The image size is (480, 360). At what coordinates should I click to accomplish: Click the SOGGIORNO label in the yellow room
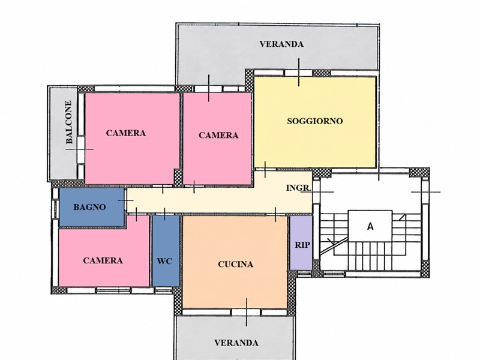click(314, 121)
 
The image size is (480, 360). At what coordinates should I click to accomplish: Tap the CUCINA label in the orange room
click(235, 264)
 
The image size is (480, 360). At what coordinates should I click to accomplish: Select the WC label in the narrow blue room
click(164, 262)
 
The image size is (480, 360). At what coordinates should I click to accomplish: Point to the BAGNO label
click(89, 207)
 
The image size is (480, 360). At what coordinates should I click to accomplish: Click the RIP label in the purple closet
click(302, 245)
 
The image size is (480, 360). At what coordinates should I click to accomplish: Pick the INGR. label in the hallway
click(299, 188)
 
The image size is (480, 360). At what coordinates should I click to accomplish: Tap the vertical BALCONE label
click(69, 122)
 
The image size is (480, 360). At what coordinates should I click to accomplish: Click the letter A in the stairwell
click(370, 227)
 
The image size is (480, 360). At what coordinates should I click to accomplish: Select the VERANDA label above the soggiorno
click(281, 44)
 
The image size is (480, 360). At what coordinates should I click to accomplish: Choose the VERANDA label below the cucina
click(236, 343)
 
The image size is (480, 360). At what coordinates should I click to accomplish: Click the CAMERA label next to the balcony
click(126, 133)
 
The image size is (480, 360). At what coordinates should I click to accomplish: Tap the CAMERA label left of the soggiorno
click(218, 136)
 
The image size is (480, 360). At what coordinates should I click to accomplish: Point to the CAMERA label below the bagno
click(103, 260)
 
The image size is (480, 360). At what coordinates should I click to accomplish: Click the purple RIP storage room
click(301, 243)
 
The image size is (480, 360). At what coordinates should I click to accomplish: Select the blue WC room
click(166, 251)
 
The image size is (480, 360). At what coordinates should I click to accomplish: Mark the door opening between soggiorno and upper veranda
click(298, 73)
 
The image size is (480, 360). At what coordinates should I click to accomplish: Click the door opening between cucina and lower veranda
click(247, 312)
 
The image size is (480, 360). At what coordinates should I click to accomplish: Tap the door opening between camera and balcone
click(81, 149)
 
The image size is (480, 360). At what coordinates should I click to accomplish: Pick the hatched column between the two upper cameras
click(178, 177)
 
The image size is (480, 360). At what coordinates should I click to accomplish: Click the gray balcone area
click(64, 134)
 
